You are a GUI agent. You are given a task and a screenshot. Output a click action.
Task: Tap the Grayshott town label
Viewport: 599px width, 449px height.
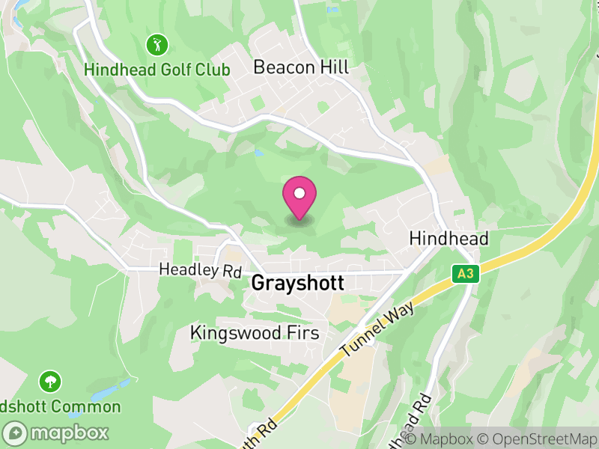point(298,284)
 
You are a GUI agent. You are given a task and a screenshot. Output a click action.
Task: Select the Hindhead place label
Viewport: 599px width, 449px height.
point(449,239)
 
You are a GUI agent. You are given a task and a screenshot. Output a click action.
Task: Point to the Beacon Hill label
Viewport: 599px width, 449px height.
point(301,67)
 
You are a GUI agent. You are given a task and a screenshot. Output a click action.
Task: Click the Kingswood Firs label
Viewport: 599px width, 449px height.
point(255,332)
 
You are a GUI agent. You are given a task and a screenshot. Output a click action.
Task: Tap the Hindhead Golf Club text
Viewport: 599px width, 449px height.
point(157,70)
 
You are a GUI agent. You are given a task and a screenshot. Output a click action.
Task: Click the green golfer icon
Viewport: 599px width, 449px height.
point(157,44)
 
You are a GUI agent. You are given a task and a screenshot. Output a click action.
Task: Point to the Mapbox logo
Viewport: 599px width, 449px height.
point(57,433)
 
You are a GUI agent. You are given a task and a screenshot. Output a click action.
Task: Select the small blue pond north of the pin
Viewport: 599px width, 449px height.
point(259,153)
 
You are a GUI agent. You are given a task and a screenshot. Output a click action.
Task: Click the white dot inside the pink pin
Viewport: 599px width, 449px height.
point(299,193)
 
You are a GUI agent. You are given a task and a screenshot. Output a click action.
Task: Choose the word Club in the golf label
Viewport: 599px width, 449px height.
point(209,70)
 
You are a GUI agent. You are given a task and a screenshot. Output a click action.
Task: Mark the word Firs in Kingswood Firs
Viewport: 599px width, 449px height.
point(302,332)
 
